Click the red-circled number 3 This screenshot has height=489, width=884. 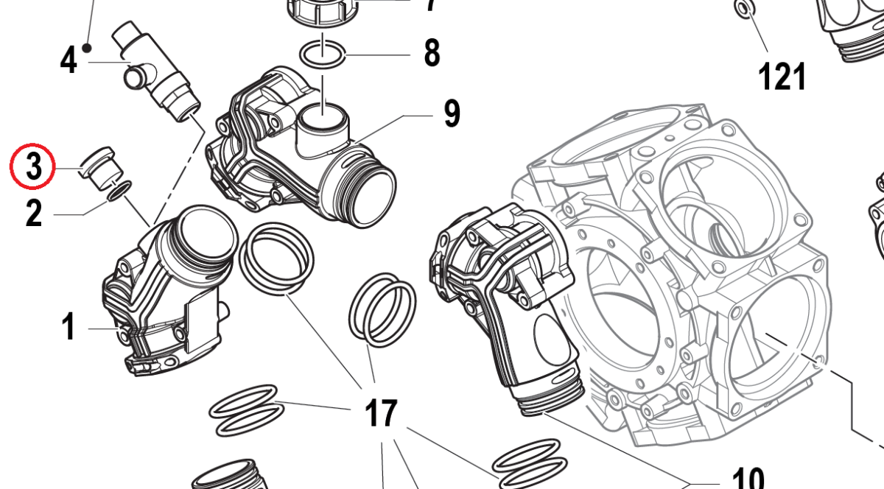(x=33, y=166)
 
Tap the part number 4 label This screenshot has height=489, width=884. (x=68, y=60)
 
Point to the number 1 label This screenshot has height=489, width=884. (x=69, y=327)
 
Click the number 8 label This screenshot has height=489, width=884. (x=432, y=54)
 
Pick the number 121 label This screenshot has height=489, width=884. (x=782, y=76)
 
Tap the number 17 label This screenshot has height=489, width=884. (x=382, y=414)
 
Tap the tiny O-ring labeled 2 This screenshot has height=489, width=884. (x=119, y=192)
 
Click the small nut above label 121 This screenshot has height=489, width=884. (x=744, y=10)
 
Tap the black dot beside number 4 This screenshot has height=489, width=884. (x=88, y=49)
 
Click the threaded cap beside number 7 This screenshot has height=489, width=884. (x=321, y=11)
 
